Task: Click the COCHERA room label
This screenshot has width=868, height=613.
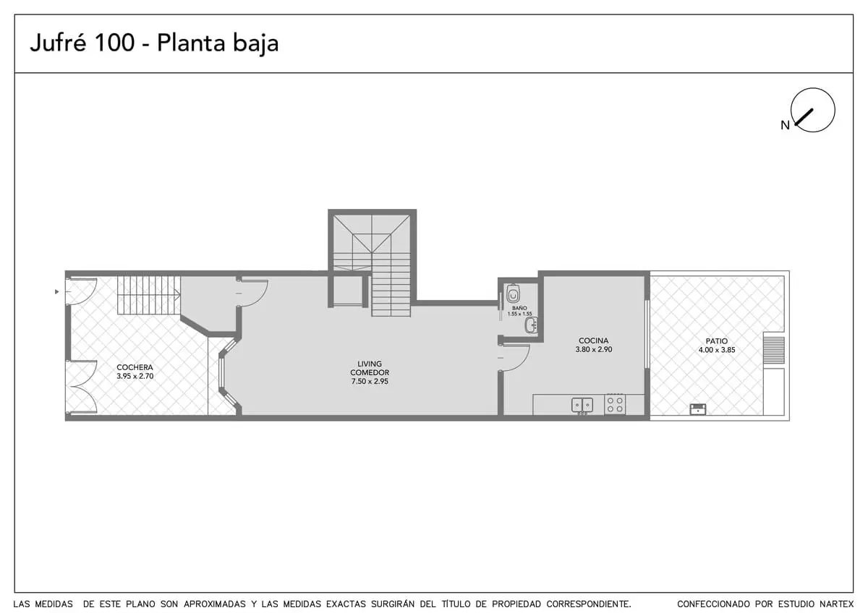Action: point(135,367)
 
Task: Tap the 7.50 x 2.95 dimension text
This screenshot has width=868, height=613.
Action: point(370,381)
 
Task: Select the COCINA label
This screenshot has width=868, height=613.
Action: point(594,340)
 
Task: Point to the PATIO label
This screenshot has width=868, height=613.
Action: point(717,341)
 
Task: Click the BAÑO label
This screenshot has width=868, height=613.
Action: point(519,308)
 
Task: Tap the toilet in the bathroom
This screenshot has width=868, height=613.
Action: point(513,294)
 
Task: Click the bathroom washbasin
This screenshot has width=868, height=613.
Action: point(531,325)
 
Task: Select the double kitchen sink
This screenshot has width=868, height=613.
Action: point(582,406)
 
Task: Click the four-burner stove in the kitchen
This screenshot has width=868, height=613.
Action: point(615,404)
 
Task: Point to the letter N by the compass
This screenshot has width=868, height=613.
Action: point(785,125)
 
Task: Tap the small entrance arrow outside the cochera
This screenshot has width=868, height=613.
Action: point(57,291)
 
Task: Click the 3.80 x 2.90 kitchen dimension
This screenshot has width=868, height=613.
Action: point(594,349)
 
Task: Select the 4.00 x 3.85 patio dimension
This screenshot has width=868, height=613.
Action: point(717,350)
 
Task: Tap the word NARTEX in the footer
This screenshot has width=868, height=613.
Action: point(837,604)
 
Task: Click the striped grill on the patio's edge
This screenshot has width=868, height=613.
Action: point(774,350)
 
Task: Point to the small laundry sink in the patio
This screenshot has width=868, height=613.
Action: point(698,409)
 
